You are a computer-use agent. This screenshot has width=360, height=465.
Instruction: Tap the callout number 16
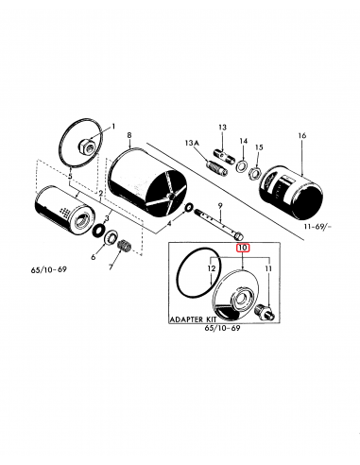[x=301, y=136]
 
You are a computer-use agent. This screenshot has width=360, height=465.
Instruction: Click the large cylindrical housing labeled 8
[x=143, y=185]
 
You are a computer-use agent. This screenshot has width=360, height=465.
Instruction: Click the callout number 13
[x=223, y=127]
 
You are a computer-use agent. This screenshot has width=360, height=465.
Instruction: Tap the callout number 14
[x=243, y=139]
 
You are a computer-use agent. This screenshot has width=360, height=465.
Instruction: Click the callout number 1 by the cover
[x=112, y=127]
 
